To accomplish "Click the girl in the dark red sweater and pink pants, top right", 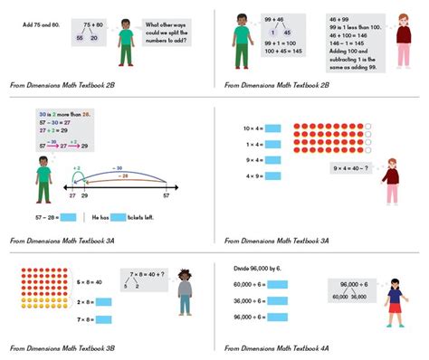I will point(403,40).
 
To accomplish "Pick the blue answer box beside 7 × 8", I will point(101,318).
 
